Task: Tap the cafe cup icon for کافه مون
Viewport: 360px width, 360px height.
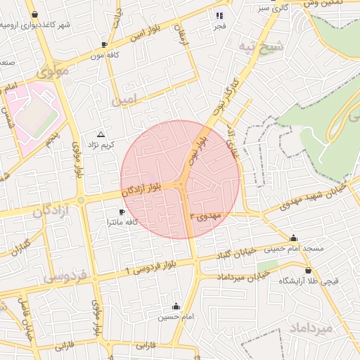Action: point(105,44)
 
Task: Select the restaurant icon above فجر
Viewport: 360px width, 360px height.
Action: point(220,15)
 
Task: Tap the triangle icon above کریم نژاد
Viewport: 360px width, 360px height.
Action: point(101,134)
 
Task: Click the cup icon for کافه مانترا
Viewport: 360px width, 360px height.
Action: point(122,212)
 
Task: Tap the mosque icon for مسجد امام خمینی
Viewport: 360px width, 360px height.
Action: point(293,238)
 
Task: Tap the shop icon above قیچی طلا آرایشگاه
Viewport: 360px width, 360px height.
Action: point(309,269)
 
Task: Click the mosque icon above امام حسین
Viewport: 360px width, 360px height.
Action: point(176,307)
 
